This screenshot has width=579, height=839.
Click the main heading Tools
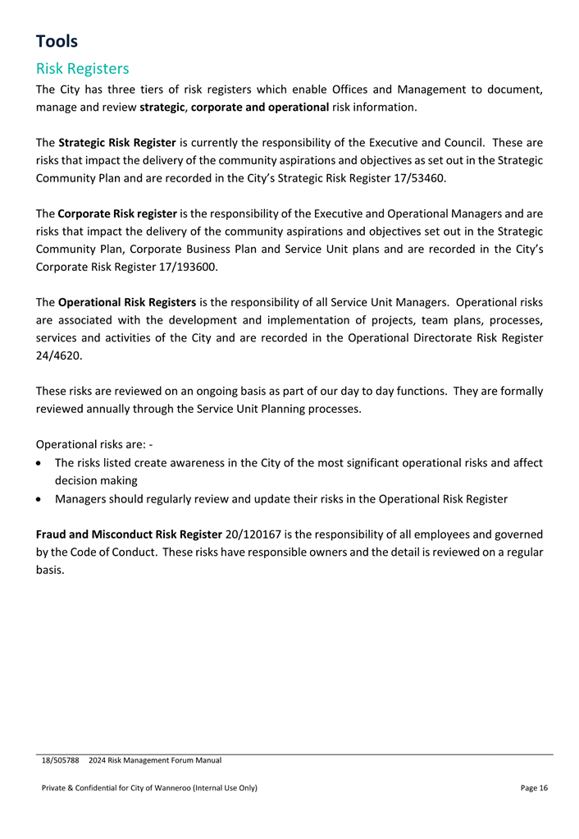click(x=57, y=41)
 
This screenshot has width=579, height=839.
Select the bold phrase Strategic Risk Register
click(x=118, y=142)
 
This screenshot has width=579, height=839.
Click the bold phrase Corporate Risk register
click(x=117, y=213)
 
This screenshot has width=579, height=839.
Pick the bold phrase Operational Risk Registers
click(x=127, y=302)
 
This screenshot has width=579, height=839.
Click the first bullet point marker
click(x=41, y=463)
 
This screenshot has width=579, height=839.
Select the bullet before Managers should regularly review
click(x=41, y=498)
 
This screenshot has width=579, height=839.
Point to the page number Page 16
click(x=534, y=788)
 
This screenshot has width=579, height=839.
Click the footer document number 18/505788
click(x=61, y=761)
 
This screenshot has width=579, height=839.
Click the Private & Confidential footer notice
click(x=149, y=788)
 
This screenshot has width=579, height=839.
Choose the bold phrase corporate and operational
click(x=260, y=107)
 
